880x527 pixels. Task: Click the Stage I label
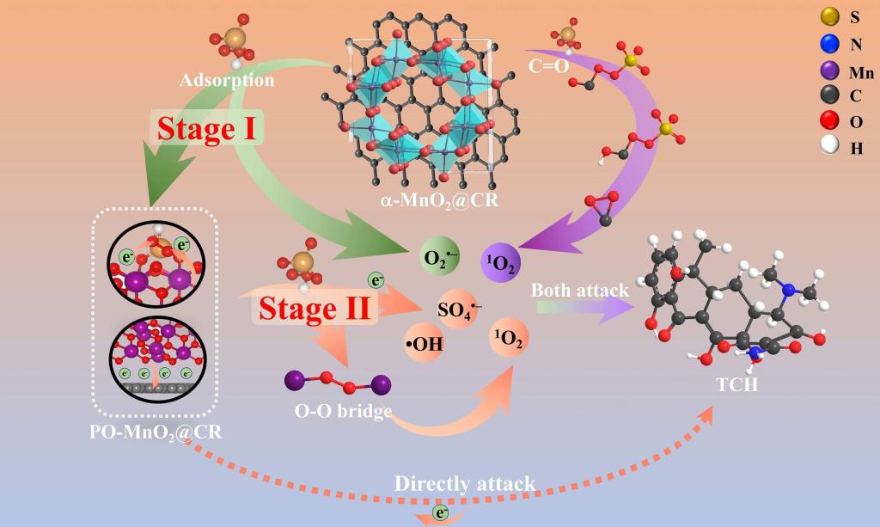[x=209, y=128]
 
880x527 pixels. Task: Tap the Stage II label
[x=314, y=307]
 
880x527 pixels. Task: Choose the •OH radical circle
[x=424, y=346]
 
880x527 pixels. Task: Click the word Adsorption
[x=227, y=81]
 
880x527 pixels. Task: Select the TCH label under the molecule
[x=737, y=384]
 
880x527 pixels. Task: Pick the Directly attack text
[x=465, y=483]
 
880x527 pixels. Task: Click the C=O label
[x=549, y=63]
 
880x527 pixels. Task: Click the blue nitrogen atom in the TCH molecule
[x=787, y=290]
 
